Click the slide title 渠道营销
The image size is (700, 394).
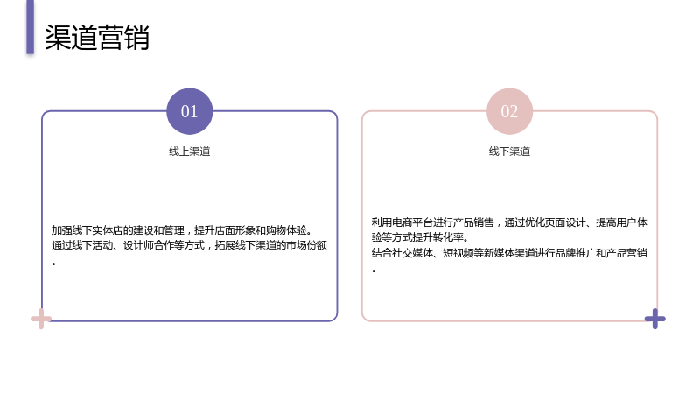point(97,38)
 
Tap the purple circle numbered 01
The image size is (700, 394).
point(189,111)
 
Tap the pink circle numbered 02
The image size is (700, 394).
point(509,111)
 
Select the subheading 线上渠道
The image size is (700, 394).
point(189,151)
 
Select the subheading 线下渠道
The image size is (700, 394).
point(509,151)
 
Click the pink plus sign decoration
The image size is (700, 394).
point(41,319)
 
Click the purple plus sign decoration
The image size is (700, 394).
point(654,319)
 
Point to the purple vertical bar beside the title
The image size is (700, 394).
point(30,27)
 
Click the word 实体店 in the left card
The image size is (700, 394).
point(108,230)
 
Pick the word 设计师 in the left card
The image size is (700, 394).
point(138,245)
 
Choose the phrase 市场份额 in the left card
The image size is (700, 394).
point(307,245)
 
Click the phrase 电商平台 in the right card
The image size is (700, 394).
point(412,222)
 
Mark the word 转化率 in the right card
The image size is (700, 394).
point(448,237)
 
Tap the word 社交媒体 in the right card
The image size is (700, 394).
point(412,253)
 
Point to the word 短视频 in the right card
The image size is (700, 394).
point(458,253)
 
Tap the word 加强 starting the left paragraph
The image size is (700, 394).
point(61,230)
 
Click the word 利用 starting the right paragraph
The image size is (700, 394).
point(381,222)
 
